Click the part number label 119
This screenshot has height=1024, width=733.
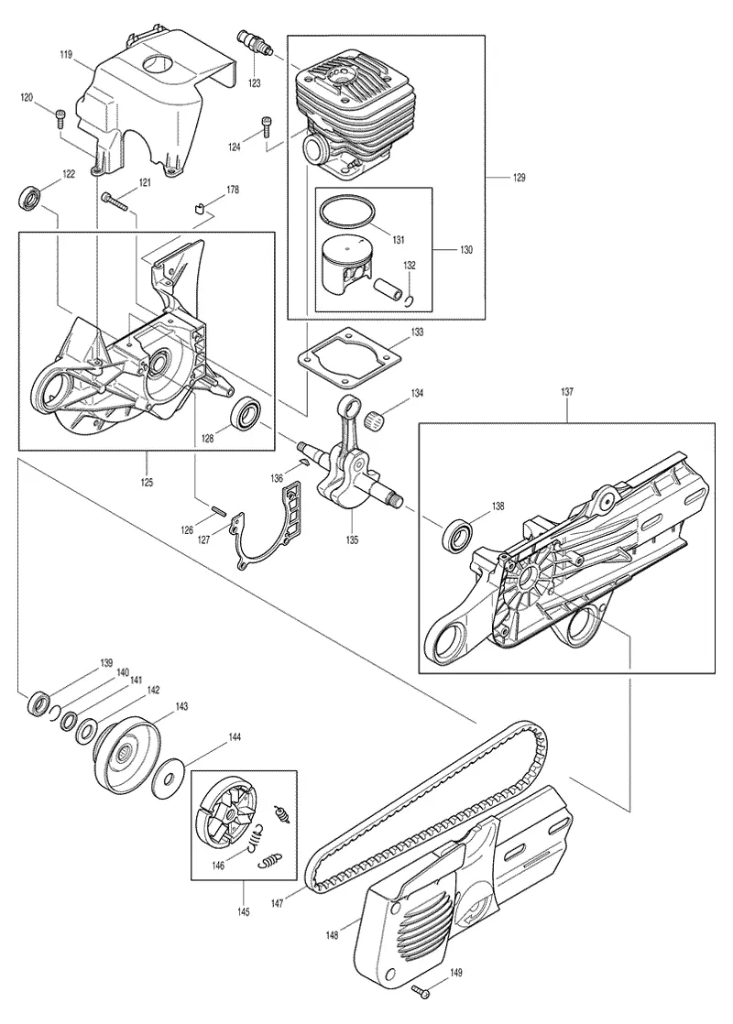pyautogui.click(x=66, y=55)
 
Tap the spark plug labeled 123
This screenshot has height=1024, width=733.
pyautogui.click(x=254, y=43)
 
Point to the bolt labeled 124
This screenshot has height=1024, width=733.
pyautogui.click(x=266, y=126)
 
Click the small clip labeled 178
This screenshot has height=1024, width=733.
pyautogui.click(x=201, y=209)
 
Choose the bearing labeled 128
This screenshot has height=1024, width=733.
pyautogui.click(x=248, y=413)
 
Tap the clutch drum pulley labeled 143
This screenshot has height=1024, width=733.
pyautogui.click(x=127, y=756)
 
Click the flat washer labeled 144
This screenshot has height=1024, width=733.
pyautogui.click(x=168, y=777)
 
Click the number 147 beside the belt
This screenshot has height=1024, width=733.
pyautogui.click(x=277, y=904)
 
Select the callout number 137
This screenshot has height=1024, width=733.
pyautogui.click(x=566, y=392)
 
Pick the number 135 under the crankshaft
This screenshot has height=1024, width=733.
pyautogui.click(x=353, y=539)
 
